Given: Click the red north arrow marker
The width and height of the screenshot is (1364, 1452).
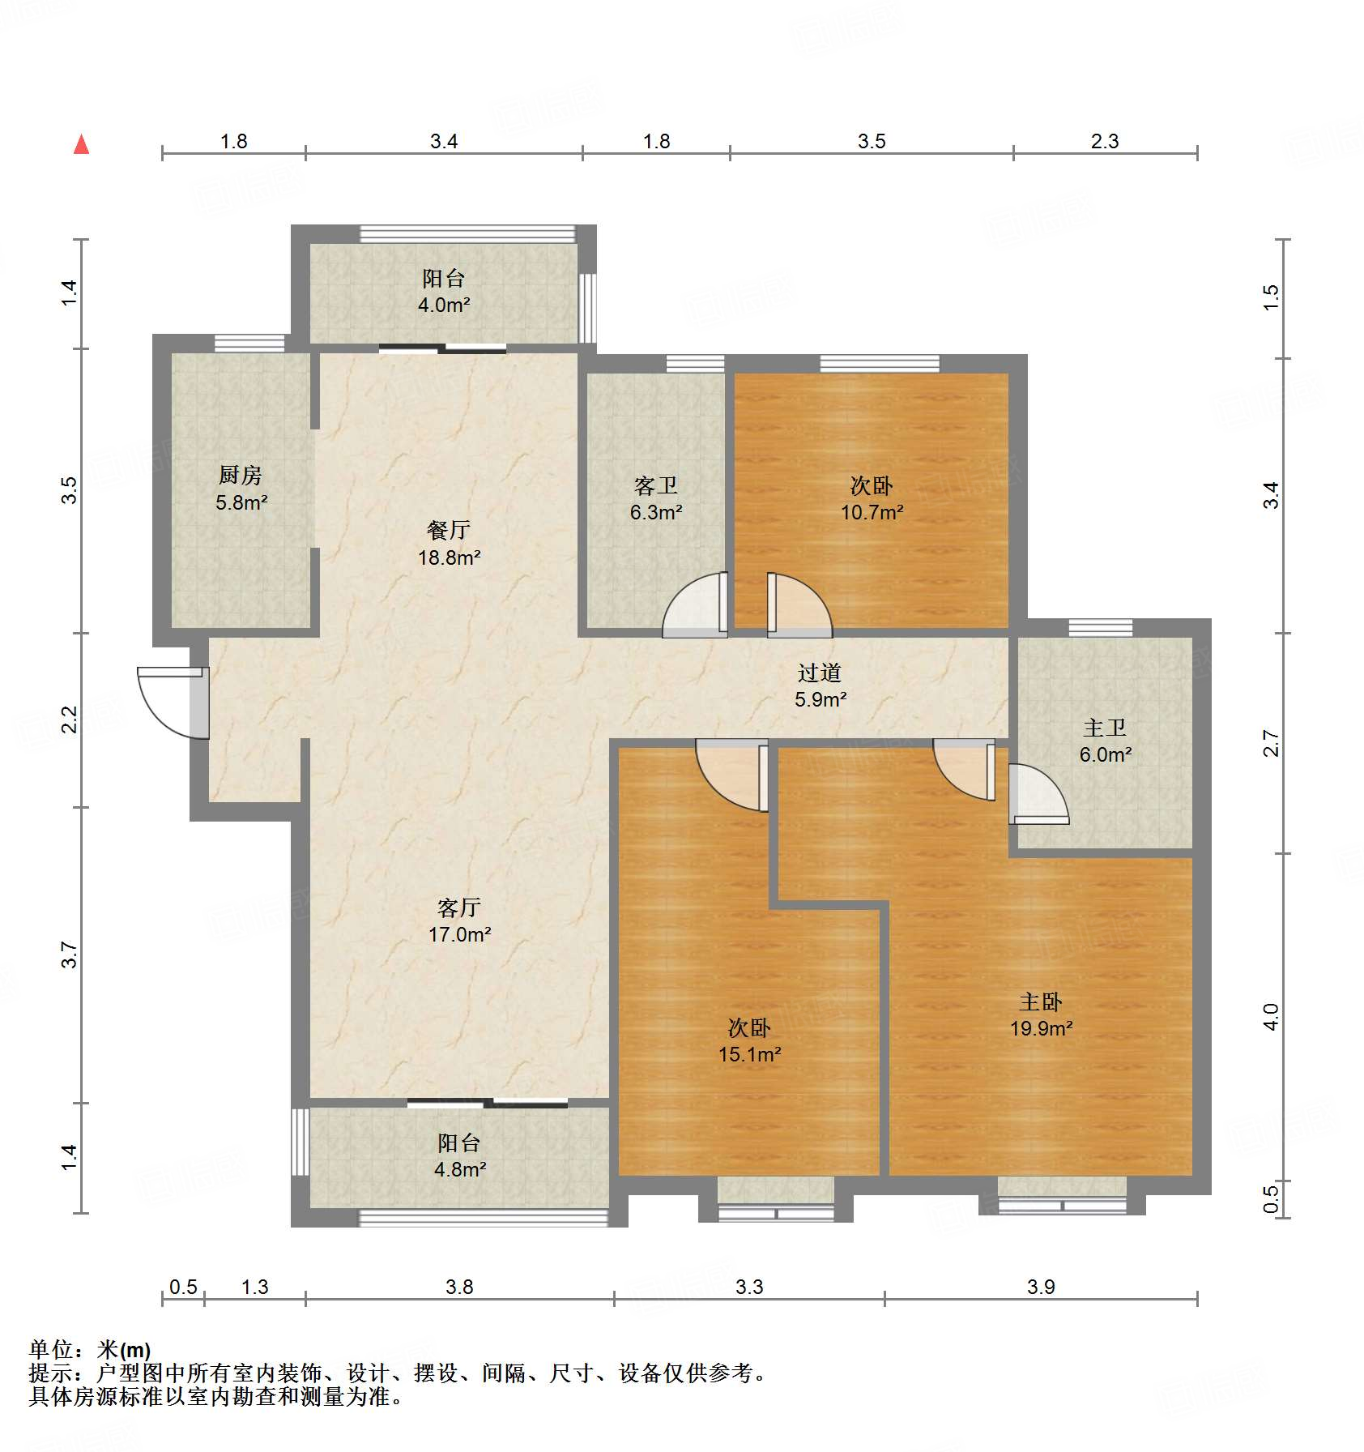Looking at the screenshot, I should click(82, 145).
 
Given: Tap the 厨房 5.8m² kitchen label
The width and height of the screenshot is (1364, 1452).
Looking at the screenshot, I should click(241, 489).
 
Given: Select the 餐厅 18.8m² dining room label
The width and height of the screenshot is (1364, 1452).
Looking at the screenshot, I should click(449, 544).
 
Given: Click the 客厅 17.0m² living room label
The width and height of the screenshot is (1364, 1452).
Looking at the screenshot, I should click(459, 920).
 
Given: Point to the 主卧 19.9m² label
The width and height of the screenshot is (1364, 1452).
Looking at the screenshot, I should click(1041, 1015).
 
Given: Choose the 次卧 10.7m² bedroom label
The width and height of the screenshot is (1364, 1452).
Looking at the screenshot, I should click(872, 498).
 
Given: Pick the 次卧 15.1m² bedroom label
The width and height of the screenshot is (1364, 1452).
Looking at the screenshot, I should click(749, 1041).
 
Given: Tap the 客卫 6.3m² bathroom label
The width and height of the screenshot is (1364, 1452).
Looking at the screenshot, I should click(656, 498).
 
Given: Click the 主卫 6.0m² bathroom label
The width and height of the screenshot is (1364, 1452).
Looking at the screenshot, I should click(1105, 741).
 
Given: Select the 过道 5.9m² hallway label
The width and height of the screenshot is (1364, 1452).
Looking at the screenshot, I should click(820, 685).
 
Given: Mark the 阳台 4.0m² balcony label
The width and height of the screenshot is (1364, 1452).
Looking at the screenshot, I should click(444, 292).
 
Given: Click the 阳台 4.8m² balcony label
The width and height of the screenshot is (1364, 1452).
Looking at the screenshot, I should click(459, 1156).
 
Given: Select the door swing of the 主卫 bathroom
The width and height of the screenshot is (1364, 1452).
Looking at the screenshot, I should click(1038, 795).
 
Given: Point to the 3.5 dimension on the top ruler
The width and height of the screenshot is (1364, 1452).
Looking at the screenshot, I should click(872, 142).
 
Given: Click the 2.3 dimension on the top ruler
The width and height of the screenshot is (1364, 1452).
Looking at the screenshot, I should click(1104, 142).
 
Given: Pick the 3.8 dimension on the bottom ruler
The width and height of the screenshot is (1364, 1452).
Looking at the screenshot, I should click(459, 1288).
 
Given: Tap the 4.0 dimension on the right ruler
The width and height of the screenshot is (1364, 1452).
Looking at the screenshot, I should click(1271, 1017).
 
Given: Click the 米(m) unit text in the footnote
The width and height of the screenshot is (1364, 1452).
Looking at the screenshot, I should click(124, 1350).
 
